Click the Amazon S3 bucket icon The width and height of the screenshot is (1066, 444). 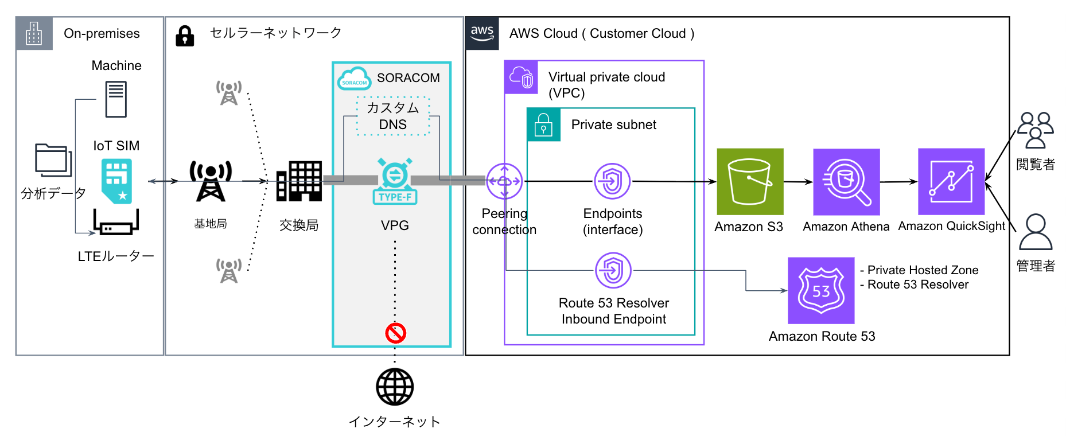click(750, 181)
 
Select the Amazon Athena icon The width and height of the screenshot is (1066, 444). click(846, 182)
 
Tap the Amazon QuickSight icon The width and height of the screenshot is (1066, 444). click(951, 181)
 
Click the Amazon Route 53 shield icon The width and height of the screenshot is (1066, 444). click(821, 290)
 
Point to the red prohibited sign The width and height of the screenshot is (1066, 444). click(395, 333)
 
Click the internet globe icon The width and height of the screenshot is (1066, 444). click(395, 387)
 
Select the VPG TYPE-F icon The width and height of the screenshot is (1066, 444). click(395, 181)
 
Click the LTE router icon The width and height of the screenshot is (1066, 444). click(116, 223)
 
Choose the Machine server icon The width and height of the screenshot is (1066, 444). click(116, 99)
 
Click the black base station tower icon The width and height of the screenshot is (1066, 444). click(211, 181)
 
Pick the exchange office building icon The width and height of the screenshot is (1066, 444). click(299, 181)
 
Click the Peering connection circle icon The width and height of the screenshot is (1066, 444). click(504, 181)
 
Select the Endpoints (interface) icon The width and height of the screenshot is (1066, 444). click(612, 181)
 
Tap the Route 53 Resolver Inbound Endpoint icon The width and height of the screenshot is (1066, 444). click(613, 270)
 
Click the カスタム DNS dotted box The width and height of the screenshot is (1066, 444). click(393, 116)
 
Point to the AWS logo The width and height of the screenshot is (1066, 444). click(482, 33)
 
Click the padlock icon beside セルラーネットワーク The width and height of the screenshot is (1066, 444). click(185, 36)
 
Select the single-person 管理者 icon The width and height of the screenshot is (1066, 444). click(1035, 232)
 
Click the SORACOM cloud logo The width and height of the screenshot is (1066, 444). click(354, 79)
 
